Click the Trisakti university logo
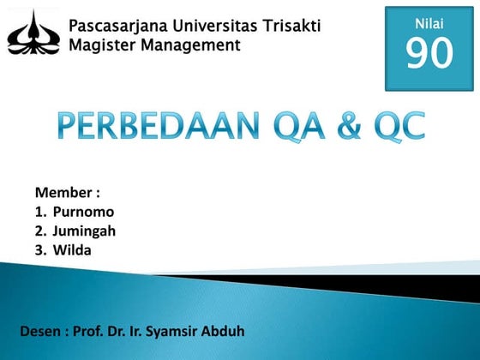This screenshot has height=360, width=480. [33, 32]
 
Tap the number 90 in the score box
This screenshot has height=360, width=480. [429, 54]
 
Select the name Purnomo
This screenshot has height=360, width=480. [83, 212]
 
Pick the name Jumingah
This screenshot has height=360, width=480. [84, 231]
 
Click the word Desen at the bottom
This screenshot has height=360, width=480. [39, 331]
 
